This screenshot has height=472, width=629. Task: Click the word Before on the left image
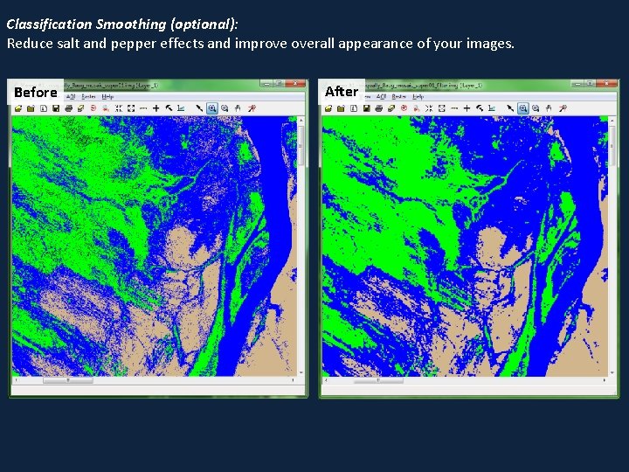tap(36, 92)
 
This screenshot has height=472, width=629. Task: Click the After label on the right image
tap(342, 91)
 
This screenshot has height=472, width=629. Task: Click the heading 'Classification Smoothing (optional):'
tap(122, 24)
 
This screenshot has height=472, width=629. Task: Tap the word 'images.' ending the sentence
tap(490, 43)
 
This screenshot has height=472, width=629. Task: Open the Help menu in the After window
tap(418, 96)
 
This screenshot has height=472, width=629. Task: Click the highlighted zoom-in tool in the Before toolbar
tap(211, 108)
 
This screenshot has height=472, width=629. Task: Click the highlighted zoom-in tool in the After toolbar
tap(522, 108)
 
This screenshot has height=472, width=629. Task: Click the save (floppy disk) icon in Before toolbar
tap(55, 108)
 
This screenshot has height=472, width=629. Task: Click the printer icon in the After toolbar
tap(377, 108)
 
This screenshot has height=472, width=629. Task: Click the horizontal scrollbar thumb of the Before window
tap(56, 380)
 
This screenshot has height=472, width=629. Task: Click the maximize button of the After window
tap(590, 84)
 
